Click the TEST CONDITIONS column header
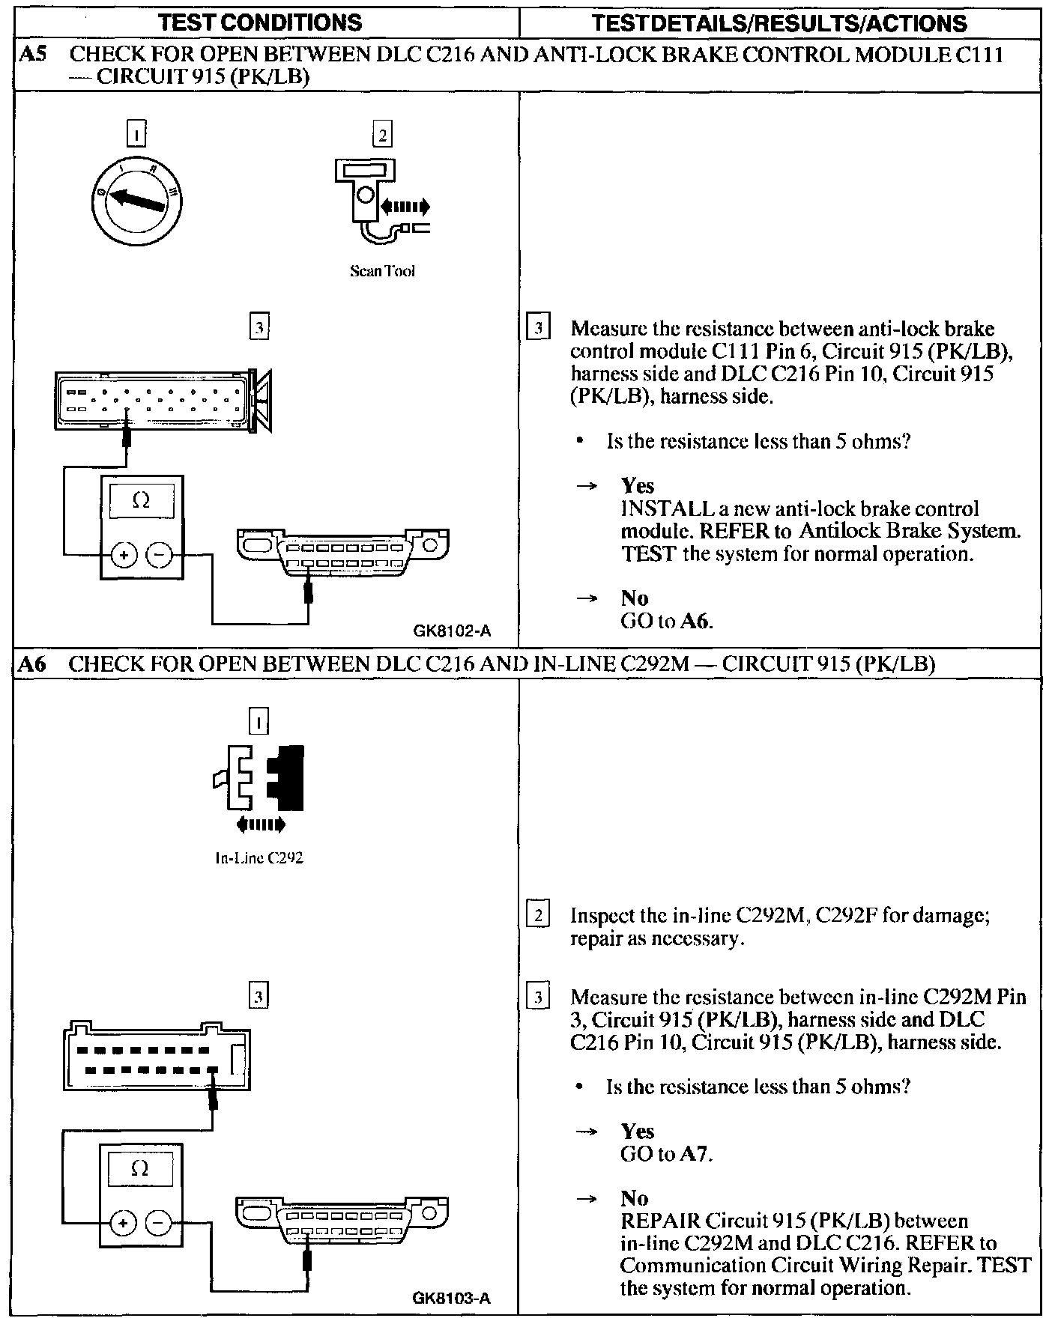261,22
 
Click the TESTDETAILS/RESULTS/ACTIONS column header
779,22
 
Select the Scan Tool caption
382,271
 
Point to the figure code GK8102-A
452,631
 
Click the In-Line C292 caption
259,858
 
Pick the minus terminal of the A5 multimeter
159,555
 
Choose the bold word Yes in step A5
638,486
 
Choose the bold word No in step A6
635,1198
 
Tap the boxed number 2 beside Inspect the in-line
538,915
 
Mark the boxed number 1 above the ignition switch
137,134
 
